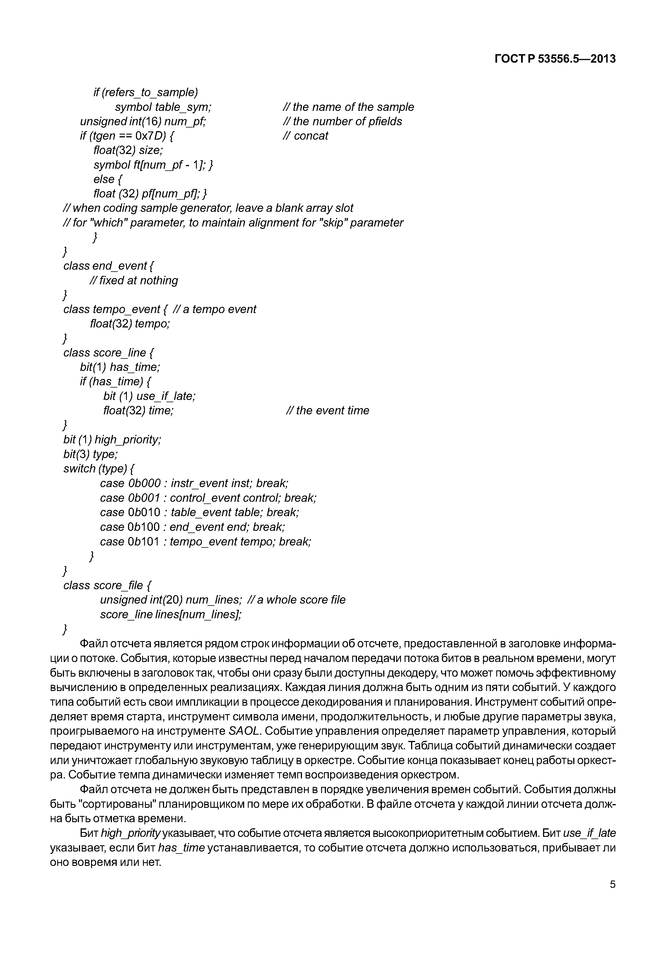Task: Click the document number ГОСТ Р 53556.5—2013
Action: pos(555,59)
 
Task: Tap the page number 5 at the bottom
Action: pos(612,884)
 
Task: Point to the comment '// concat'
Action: pos(305,136)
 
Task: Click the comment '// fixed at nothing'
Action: pos(134,281)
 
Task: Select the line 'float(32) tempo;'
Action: pos(130,324)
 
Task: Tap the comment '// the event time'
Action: pos(328,410)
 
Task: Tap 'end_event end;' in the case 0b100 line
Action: pos(209,527)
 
